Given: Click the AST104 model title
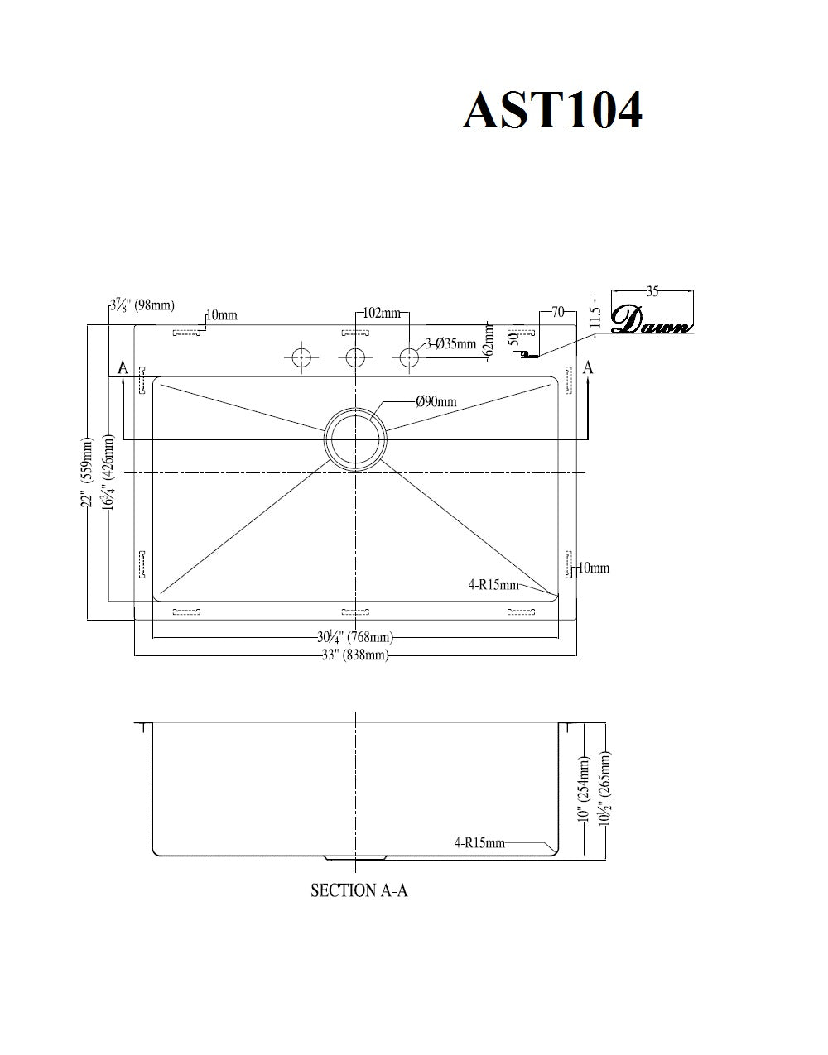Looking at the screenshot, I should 552,110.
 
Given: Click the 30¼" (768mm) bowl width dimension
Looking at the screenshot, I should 354,637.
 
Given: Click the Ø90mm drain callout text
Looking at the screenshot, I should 436,402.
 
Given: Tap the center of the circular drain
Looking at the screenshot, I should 355,438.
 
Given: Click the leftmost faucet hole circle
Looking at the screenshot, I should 301,357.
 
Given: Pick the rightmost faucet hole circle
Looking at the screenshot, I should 409,357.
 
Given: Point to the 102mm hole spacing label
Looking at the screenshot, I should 382,314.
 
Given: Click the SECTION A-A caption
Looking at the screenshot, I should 359,890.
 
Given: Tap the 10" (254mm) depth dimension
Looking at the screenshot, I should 585,790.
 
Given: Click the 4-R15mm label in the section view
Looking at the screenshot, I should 479,843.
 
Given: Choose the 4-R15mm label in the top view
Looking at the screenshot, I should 493,585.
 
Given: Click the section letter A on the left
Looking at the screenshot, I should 123,367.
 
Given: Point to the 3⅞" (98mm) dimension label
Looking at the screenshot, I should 142,305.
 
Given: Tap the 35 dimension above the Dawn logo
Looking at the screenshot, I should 652,291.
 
